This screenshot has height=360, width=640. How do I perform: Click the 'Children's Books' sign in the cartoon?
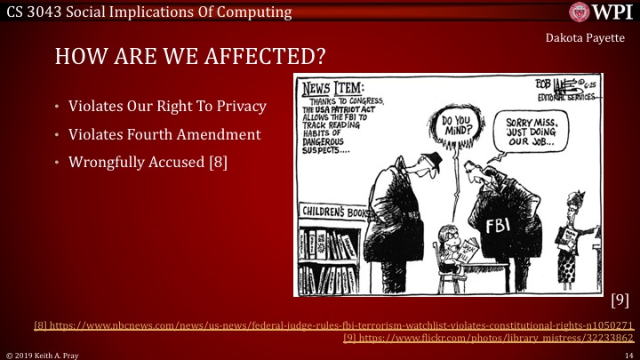pos(338,212)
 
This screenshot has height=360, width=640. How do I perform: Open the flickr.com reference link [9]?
pos(488,338)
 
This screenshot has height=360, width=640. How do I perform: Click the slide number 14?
pos(627,354)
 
